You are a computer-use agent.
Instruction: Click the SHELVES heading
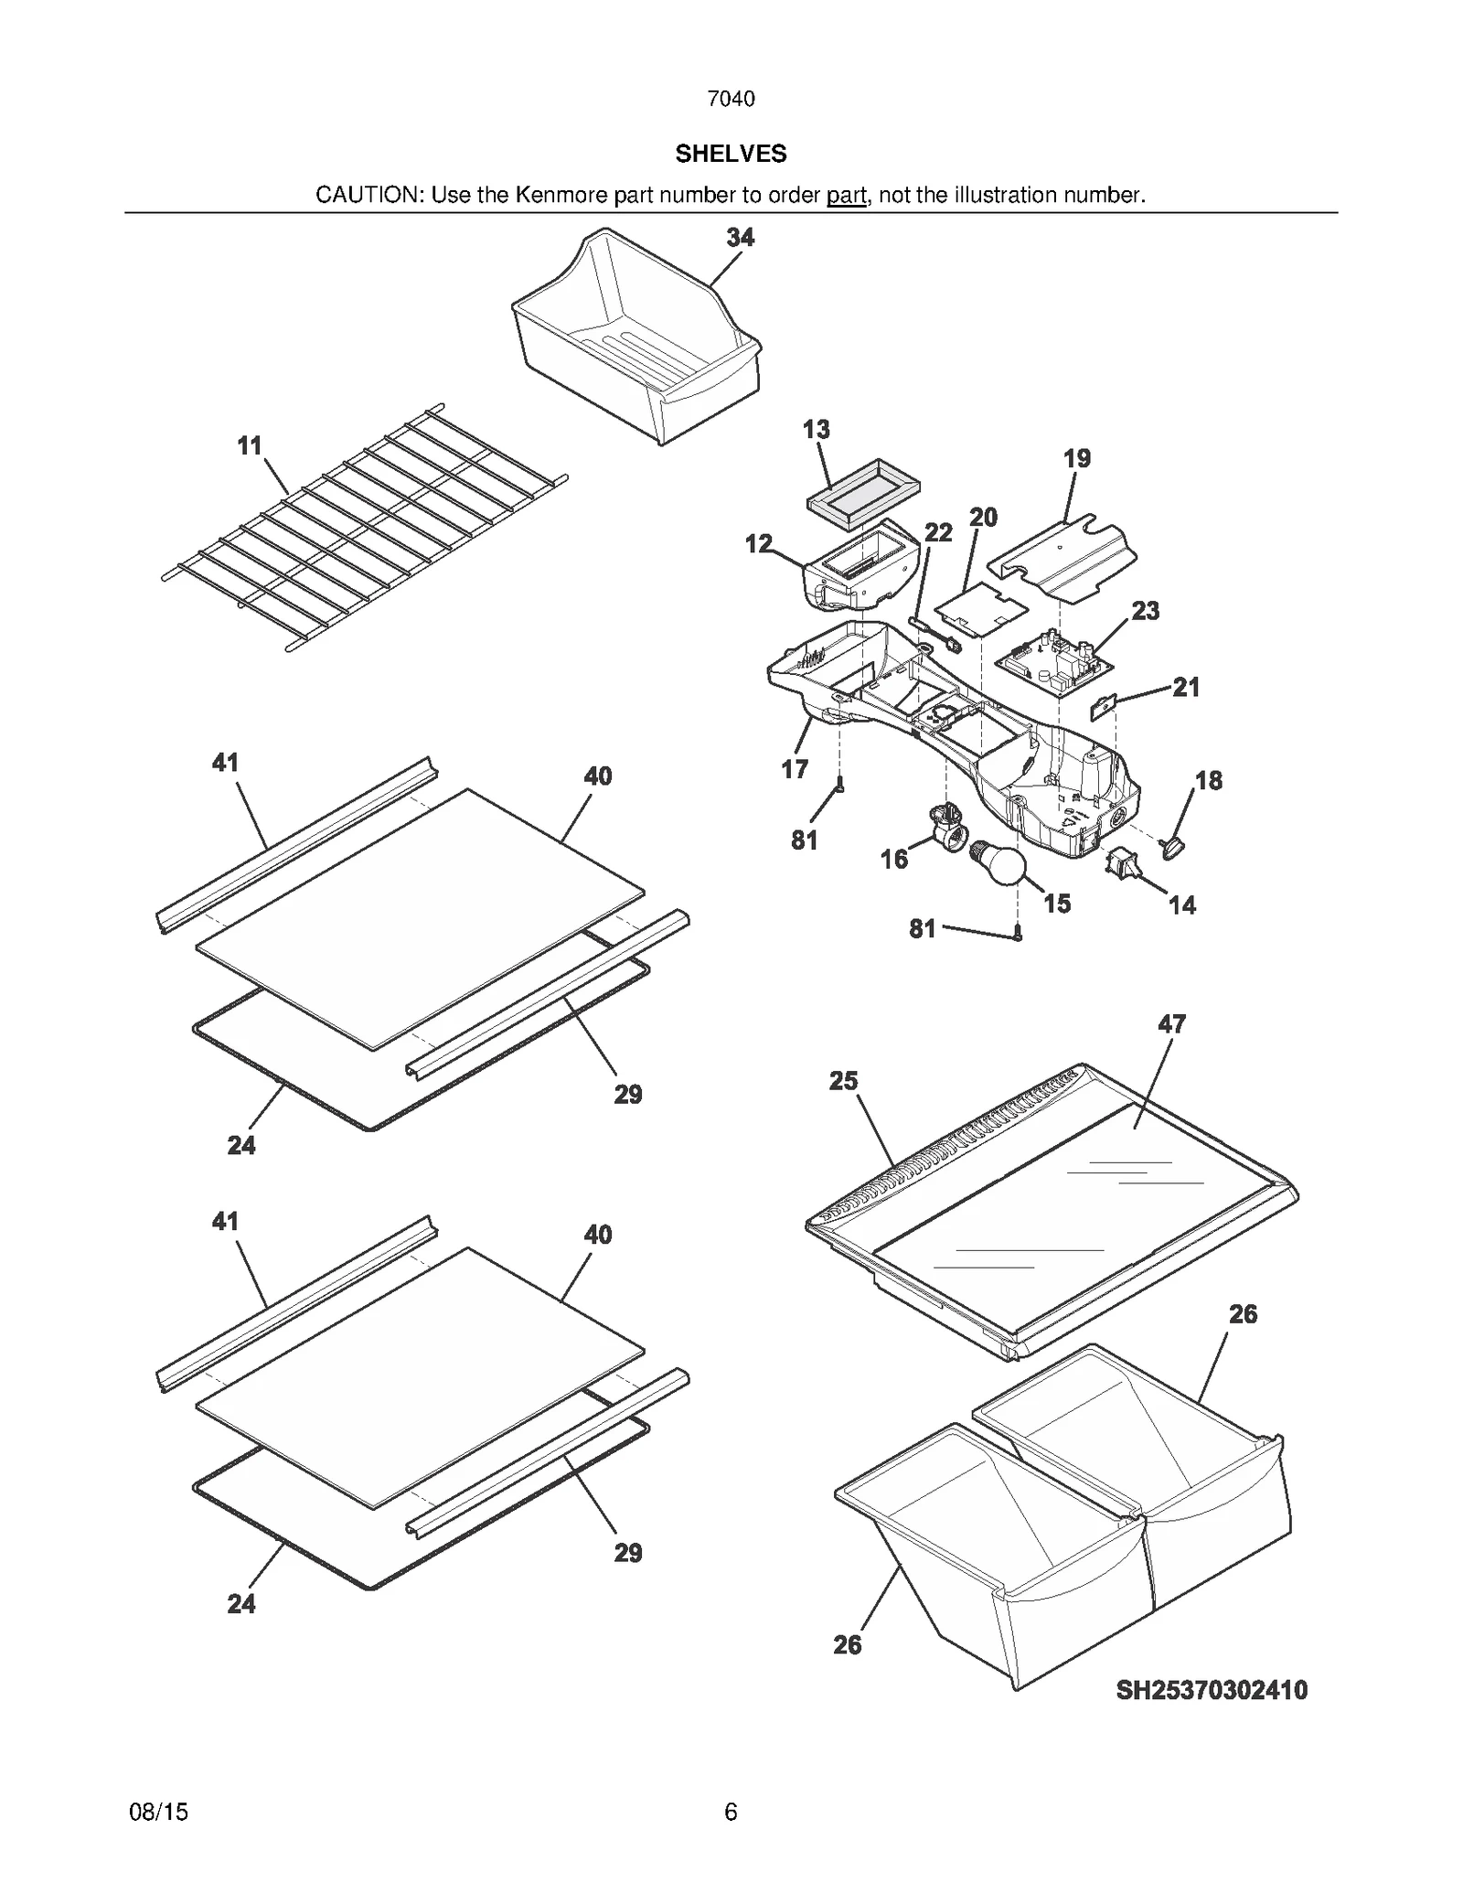pyautogui.click(x=731, y=154)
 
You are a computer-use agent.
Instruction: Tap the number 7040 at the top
pyautogui.click(x=731, y=99)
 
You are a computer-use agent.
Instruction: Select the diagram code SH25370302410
pyautogui.click(x=1212, y=1690)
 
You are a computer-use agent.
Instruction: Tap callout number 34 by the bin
pyautogui.click(x=740, y=238)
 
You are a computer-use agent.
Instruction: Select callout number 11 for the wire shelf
pyautogui.click(x=250, y=446)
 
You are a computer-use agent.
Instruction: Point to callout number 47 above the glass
pyautogui.click(x=1171, y=1024)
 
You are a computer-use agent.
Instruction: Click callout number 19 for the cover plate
pyautogui.click(x=1077, y=459)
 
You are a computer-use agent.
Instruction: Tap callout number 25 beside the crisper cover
pyautogui.click(x=843, y=1081)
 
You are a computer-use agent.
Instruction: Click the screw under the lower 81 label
pyautogui.click(x=1018, y=934)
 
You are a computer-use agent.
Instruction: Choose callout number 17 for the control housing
pyautogui.click(x=794, y=769)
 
